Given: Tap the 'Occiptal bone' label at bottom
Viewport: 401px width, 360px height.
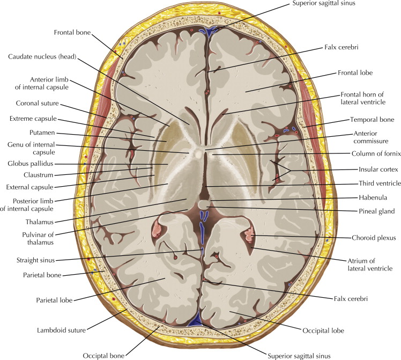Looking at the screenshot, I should (102, 355).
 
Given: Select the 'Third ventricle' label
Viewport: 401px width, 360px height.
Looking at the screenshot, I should (366, 183).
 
